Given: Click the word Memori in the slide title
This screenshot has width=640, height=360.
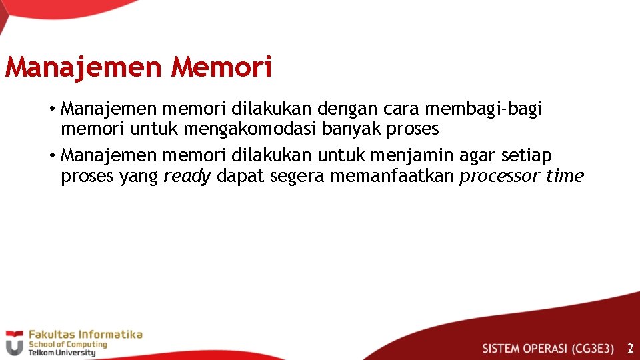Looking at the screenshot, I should pos(221,67).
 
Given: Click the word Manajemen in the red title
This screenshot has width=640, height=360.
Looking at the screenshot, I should pos(83,67).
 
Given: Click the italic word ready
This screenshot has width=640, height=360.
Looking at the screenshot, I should pos(187,176).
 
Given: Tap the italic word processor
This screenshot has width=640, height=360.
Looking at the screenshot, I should pos(499,176).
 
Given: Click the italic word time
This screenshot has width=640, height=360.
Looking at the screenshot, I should pos(565,176).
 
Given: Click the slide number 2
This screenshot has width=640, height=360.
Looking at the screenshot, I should pos(630,348).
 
